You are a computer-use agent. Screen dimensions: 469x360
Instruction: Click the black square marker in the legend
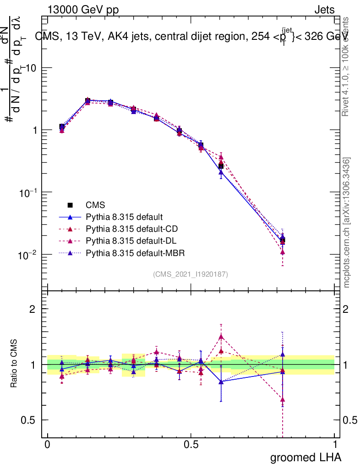pyautogui.click(x=70, y=205)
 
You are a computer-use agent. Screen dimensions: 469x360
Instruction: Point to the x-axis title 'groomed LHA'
pyautogui.click(x=305, y=457)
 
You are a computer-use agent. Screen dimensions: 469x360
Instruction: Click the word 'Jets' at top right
pyautogui.click(x=324, y=10)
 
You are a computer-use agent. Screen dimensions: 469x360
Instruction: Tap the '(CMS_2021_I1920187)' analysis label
pyautogui.click(x=191, y=274)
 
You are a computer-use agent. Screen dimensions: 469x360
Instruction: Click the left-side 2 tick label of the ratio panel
pyautogui.click(x=33, y=309)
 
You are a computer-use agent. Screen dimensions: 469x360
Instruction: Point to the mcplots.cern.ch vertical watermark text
pyautogui.click(x=347, y=223)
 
